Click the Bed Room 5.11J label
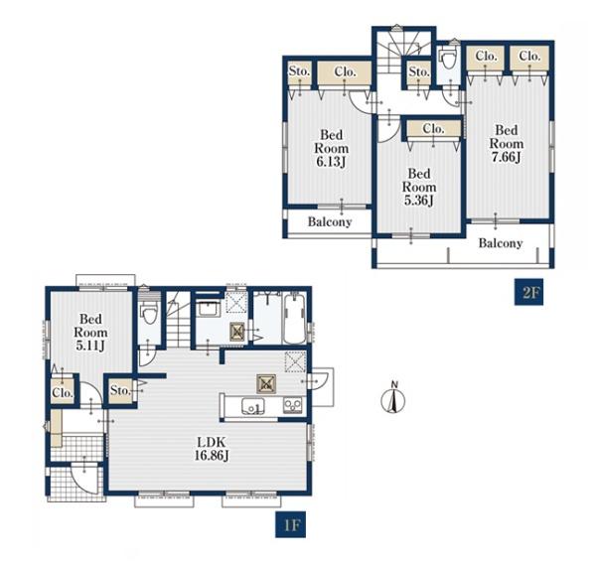coord(90,333)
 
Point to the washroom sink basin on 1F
coord(208,309)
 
